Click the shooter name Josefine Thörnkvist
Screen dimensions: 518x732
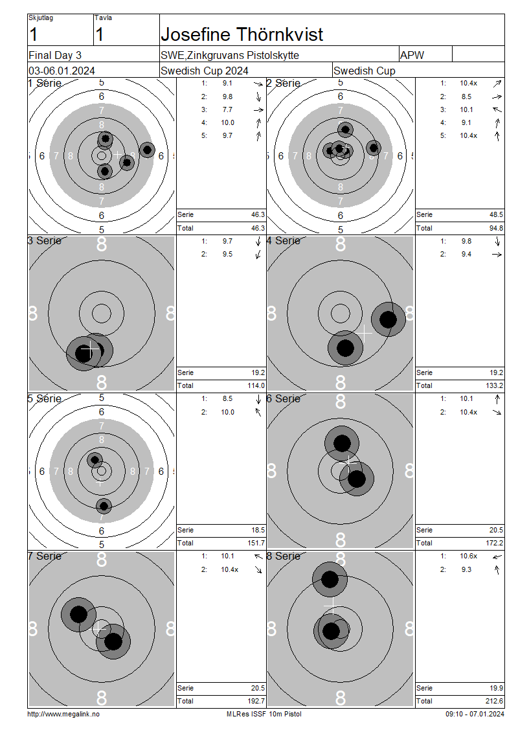pyautogui.click(x=242, y=34)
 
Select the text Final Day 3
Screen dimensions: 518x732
pyautogui.click(x=55, y=55)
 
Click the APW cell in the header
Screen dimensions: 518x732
pyautogui.click(x=412, y=55)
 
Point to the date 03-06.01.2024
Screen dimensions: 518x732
pyautogui.click(x=62, y=71)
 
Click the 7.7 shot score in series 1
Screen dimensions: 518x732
pyautogui.click(x=227, y=109)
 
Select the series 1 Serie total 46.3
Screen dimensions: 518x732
pyautogui.click(x=258, y=215)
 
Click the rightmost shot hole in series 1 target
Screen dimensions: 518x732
pyautogui.click(x=147, y=150)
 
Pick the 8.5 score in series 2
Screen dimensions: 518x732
pyautogui.click(x=466, y=97)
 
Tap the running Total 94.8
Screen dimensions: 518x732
pyautogui.click(x=496, y=228)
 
